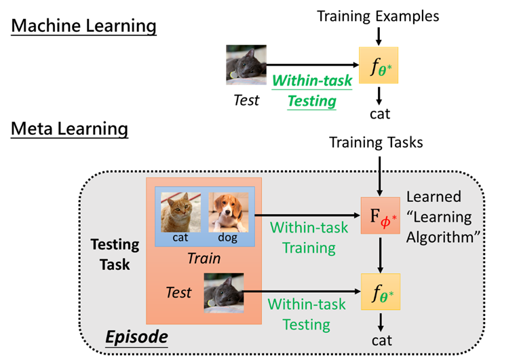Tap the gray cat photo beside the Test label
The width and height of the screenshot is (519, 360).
pos(224,293)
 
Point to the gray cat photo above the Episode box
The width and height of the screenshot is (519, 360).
pos(246,65)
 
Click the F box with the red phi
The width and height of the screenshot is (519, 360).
pos(381,215)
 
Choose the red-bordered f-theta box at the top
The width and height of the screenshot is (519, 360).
pos(378,66)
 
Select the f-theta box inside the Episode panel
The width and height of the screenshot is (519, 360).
pos(381,292)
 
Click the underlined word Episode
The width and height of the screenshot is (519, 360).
pos(136,336)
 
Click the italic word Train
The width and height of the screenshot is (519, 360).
pos(204,258)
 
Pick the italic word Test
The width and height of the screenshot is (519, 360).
pos(178,293)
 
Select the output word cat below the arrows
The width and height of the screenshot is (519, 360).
pos(381,340)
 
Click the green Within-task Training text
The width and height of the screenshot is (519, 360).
pos(303,237)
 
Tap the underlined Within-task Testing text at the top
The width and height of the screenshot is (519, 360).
pos(312,91)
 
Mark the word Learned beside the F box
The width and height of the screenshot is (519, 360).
pos(434,197)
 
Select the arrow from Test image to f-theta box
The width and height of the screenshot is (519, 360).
pos(302,293)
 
